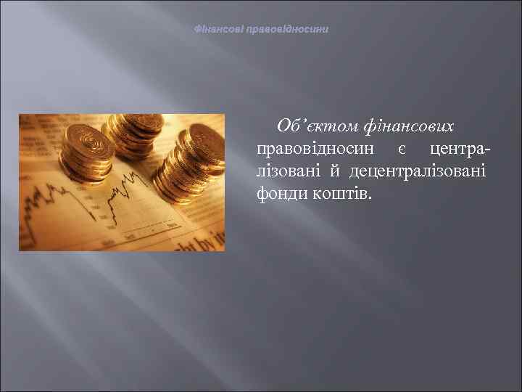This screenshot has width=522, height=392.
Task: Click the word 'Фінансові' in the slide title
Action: tap(220, 30)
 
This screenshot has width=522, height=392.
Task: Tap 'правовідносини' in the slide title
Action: tap(288, 30)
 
